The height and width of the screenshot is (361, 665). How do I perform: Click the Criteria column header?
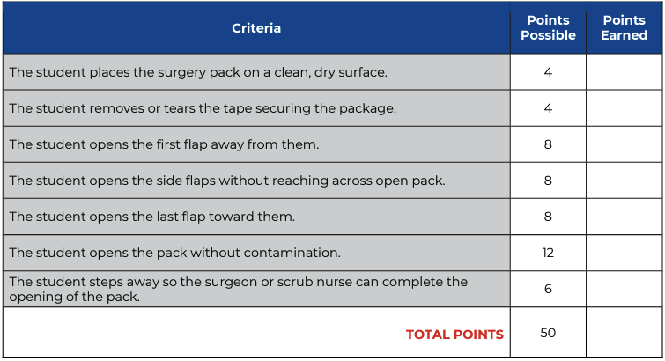(256, 28)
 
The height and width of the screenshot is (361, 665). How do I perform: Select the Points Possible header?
(548, 27)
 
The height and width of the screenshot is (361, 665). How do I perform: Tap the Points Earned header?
(624, 27)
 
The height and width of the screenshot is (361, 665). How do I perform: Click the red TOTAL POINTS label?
(454, 335)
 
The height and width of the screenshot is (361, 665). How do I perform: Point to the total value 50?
(548, 333)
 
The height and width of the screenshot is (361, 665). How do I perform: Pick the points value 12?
(548, 253)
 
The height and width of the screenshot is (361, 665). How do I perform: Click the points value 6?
(548, 289)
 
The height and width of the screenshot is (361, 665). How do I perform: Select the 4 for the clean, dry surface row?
(548, 72)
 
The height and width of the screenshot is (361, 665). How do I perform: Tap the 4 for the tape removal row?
(548, 108)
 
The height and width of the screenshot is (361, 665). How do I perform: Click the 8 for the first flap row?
(548, 144)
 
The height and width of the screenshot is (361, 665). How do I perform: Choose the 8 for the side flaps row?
(548, 180)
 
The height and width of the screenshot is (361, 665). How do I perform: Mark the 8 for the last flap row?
(548, 217)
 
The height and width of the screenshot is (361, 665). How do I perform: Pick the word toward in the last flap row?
(230, 217)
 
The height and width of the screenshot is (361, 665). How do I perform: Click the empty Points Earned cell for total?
(624, 333)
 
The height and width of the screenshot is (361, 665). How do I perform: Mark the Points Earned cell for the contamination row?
(624, 253)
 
